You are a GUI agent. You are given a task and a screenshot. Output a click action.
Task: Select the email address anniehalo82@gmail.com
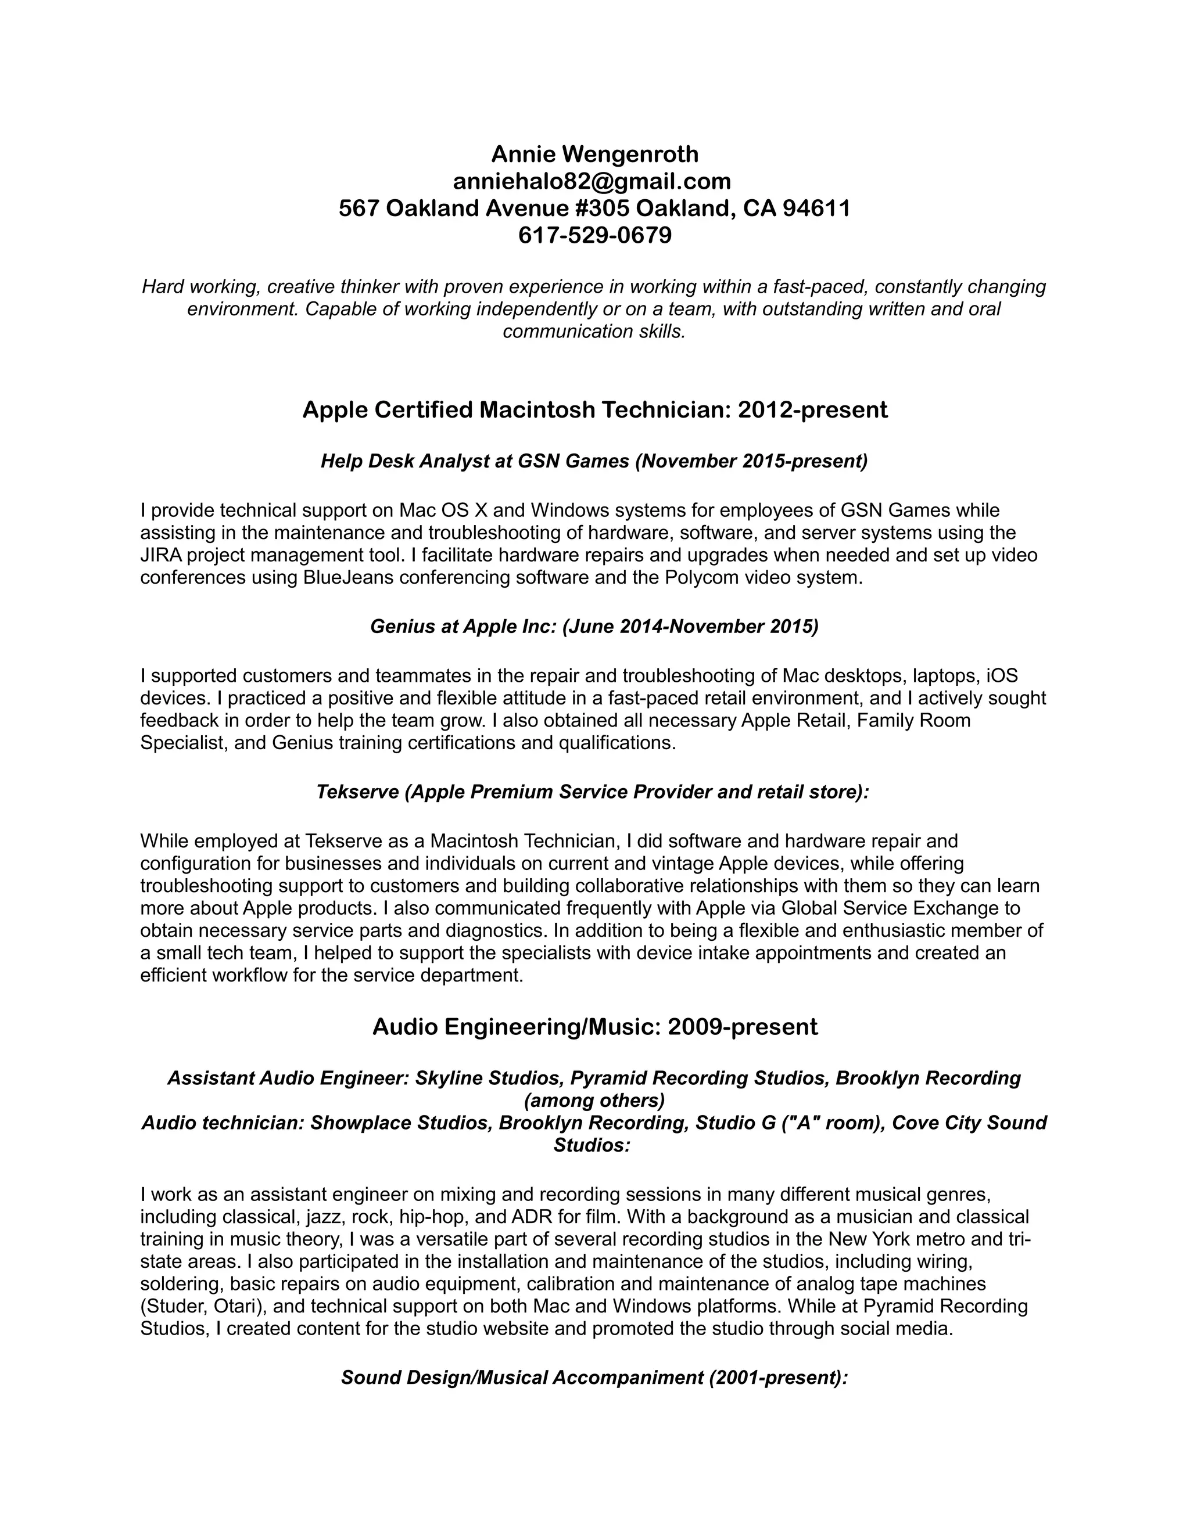[x=592, y=181]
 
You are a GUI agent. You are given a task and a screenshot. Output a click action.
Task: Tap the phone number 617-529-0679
[x=595, y=235]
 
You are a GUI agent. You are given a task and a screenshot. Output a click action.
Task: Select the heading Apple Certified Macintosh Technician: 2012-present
[x=595, y=409]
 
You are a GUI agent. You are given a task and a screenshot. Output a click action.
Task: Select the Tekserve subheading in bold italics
[x=592, y=792]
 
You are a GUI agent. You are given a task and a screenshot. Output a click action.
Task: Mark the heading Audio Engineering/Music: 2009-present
[x=595, y=1027]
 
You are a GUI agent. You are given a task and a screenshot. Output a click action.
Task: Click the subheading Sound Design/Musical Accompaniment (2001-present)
[x=594, y=1378]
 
